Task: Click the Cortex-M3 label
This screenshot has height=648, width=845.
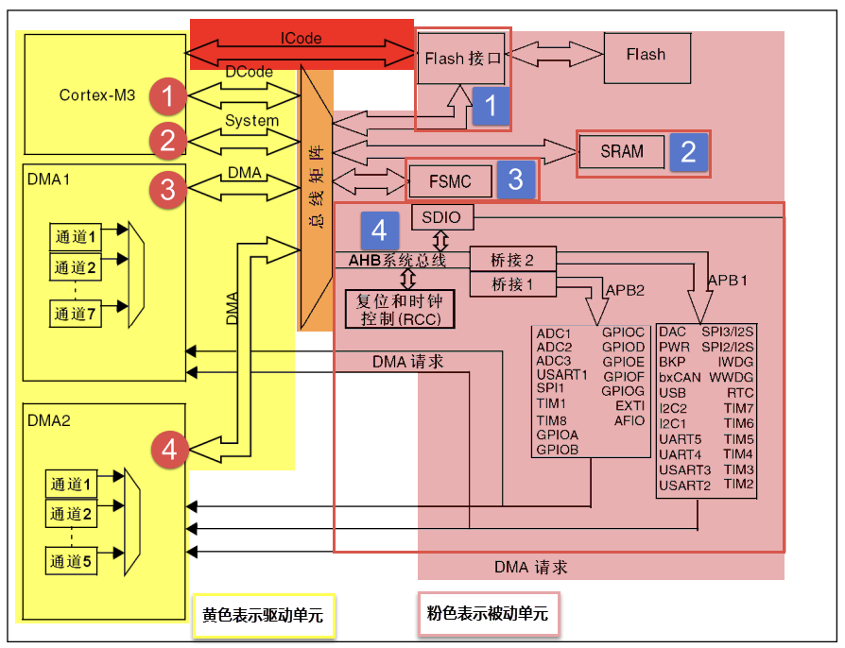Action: pyautogui.click(x=97, y=95)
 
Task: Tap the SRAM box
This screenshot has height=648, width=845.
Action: pyautogui.click(x=621, y=151)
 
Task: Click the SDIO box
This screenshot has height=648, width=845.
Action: pyautogui.click(x=441, y=217)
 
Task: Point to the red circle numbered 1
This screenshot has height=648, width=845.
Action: pyautogui.click(x=167, y=95)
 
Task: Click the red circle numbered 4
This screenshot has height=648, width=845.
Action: pyautogui.click(x=169, y=450)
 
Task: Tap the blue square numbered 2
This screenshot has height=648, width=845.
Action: pyautogui.click(x=688, y=151)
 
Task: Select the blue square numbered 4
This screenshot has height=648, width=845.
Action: pyautogui.click(x=379, y=230)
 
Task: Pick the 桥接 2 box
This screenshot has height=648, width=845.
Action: pyautogui.click(x=513, y=260)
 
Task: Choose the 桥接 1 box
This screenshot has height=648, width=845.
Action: pyautogui.click(x=513, y=283)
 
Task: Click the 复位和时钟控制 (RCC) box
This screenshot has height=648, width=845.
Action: pyautogui.click(x=400, y=309)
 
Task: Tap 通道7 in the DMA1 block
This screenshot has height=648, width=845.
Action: pyautogui.click(x=75, y=314)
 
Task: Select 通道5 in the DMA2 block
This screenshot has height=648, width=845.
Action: pyautogui.click(x=72, y=562)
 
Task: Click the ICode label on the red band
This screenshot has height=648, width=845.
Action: pyautogui.click(x=301, y=39)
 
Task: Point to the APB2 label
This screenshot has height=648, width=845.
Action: pyautogui.click(x=625, y=289)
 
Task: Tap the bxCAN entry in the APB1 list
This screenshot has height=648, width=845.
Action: pyautogui.click(x=681, y=377)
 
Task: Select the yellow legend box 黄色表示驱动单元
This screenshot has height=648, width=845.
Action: pyautogui.click(x=263, y=615)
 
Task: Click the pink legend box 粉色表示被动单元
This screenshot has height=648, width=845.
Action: pyautogui.click(x=488, y=614)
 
